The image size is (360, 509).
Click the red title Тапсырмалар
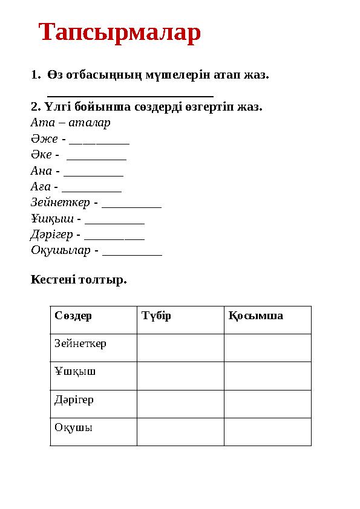point(120,33)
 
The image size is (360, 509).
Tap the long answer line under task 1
point(130,94)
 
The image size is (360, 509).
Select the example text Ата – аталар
point(70,123)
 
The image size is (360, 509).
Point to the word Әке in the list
point(41,155)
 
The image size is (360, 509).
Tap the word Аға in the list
point(40,187)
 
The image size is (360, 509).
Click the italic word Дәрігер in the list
point(51,234)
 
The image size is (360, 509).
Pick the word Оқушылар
point(61,250)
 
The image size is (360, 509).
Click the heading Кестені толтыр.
point(79,280)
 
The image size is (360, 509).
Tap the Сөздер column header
point(73,316)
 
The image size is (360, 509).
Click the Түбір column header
point(156,316)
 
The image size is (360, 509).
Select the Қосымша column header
point(255,316)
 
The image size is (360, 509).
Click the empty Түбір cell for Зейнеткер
point(180,348)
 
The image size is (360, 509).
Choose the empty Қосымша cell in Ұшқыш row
point(267,375)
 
